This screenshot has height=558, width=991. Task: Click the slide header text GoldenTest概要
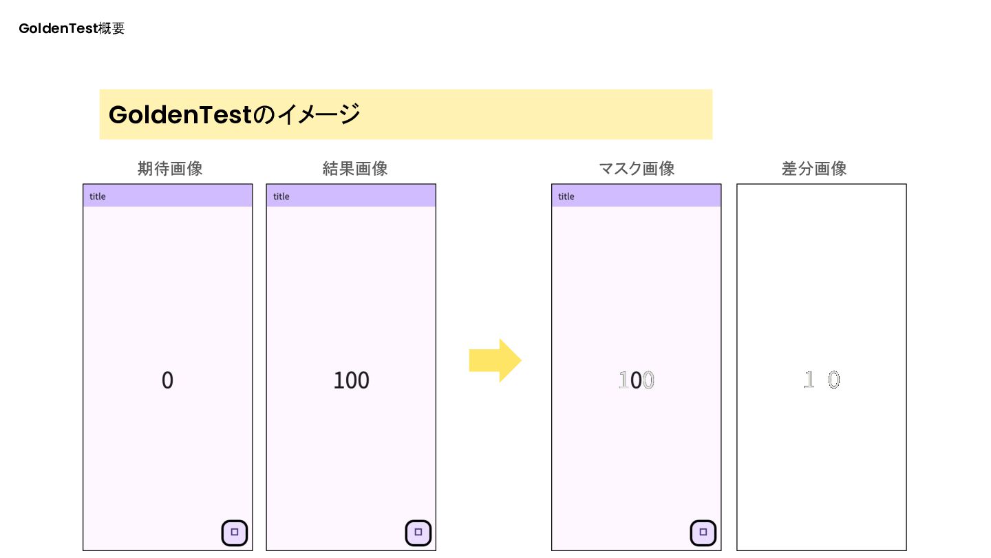click(x=72, y=29)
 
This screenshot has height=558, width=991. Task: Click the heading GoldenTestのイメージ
click(x=234, y=114)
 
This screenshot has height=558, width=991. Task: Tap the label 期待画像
click(x=170, y=169)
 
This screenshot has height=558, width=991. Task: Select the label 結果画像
click(x=355, y=169)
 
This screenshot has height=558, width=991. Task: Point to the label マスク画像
click(x=637, y=169)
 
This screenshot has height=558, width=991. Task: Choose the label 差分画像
click(x=814, y=169)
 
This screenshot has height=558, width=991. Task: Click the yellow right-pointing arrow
click(x=495, y=360)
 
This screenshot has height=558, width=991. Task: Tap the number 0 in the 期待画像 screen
click(x=167, y=380)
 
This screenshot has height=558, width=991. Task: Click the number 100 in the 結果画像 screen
click(x=351, y=380)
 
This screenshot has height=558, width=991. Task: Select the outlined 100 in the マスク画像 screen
click(x=637, y=380)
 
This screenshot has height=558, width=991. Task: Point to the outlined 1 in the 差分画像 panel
click(x=809, y=380)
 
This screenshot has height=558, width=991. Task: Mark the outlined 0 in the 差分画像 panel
click(x=833, y=380)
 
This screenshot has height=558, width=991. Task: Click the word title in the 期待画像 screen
click(x=98, y=196)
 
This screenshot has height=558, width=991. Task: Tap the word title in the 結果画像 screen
click(x=281, y=196)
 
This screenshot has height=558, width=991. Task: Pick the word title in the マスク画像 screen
click(x=566, y=196)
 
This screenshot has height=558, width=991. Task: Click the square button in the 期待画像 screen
click(x=235, y=533)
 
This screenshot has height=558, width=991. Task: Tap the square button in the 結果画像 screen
click(x=418, y=533)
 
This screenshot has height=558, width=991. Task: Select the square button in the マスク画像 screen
click(x=703, y=533)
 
